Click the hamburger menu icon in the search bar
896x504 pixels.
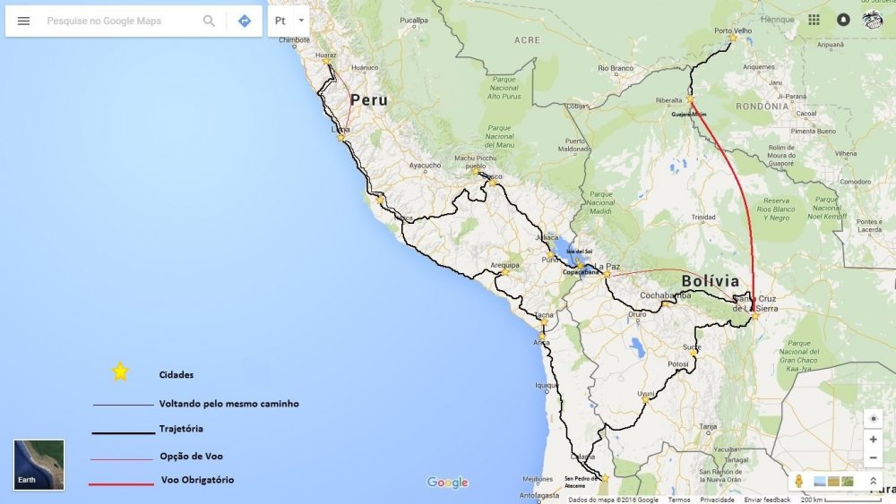pyautogui.click(x=24, y=21)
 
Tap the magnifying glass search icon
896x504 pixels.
pyautogui.click(x=209, y=21)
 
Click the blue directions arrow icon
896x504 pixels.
pyautogui.click(x=245, y=21)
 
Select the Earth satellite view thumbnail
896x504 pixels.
pyautogui.click(x=39, y=465)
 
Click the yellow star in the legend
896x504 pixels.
pyautogui.click(x=120, y=372)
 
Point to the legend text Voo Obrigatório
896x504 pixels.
pyautogui.click(x=197, y=480)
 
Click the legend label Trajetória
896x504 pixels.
pyautogui.click(x=181, y=429)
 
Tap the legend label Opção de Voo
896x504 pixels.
pyautogui.click(x=191, y=456)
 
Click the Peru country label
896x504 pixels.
pyautogui.click(x=369, y=99)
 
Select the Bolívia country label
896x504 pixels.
pyautogui.click(x=711, y=281)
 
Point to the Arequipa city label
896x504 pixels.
pyautogui.click(x=505, y=265)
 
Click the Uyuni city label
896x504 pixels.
pyautogui.click(x=646, y=394)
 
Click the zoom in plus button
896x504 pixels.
pyautogui.click(x=874, y=440)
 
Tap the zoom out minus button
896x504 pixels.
pyautogui.click(x=874, y=458)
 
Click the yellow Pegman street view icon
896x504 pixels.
pyautogui.click(x=798, y=481)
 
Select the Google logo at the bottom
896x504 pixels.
pyautogui.click(x=447, y=483)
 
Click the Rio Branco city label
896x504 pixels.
pyautogui.click(x=616, y=68)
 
